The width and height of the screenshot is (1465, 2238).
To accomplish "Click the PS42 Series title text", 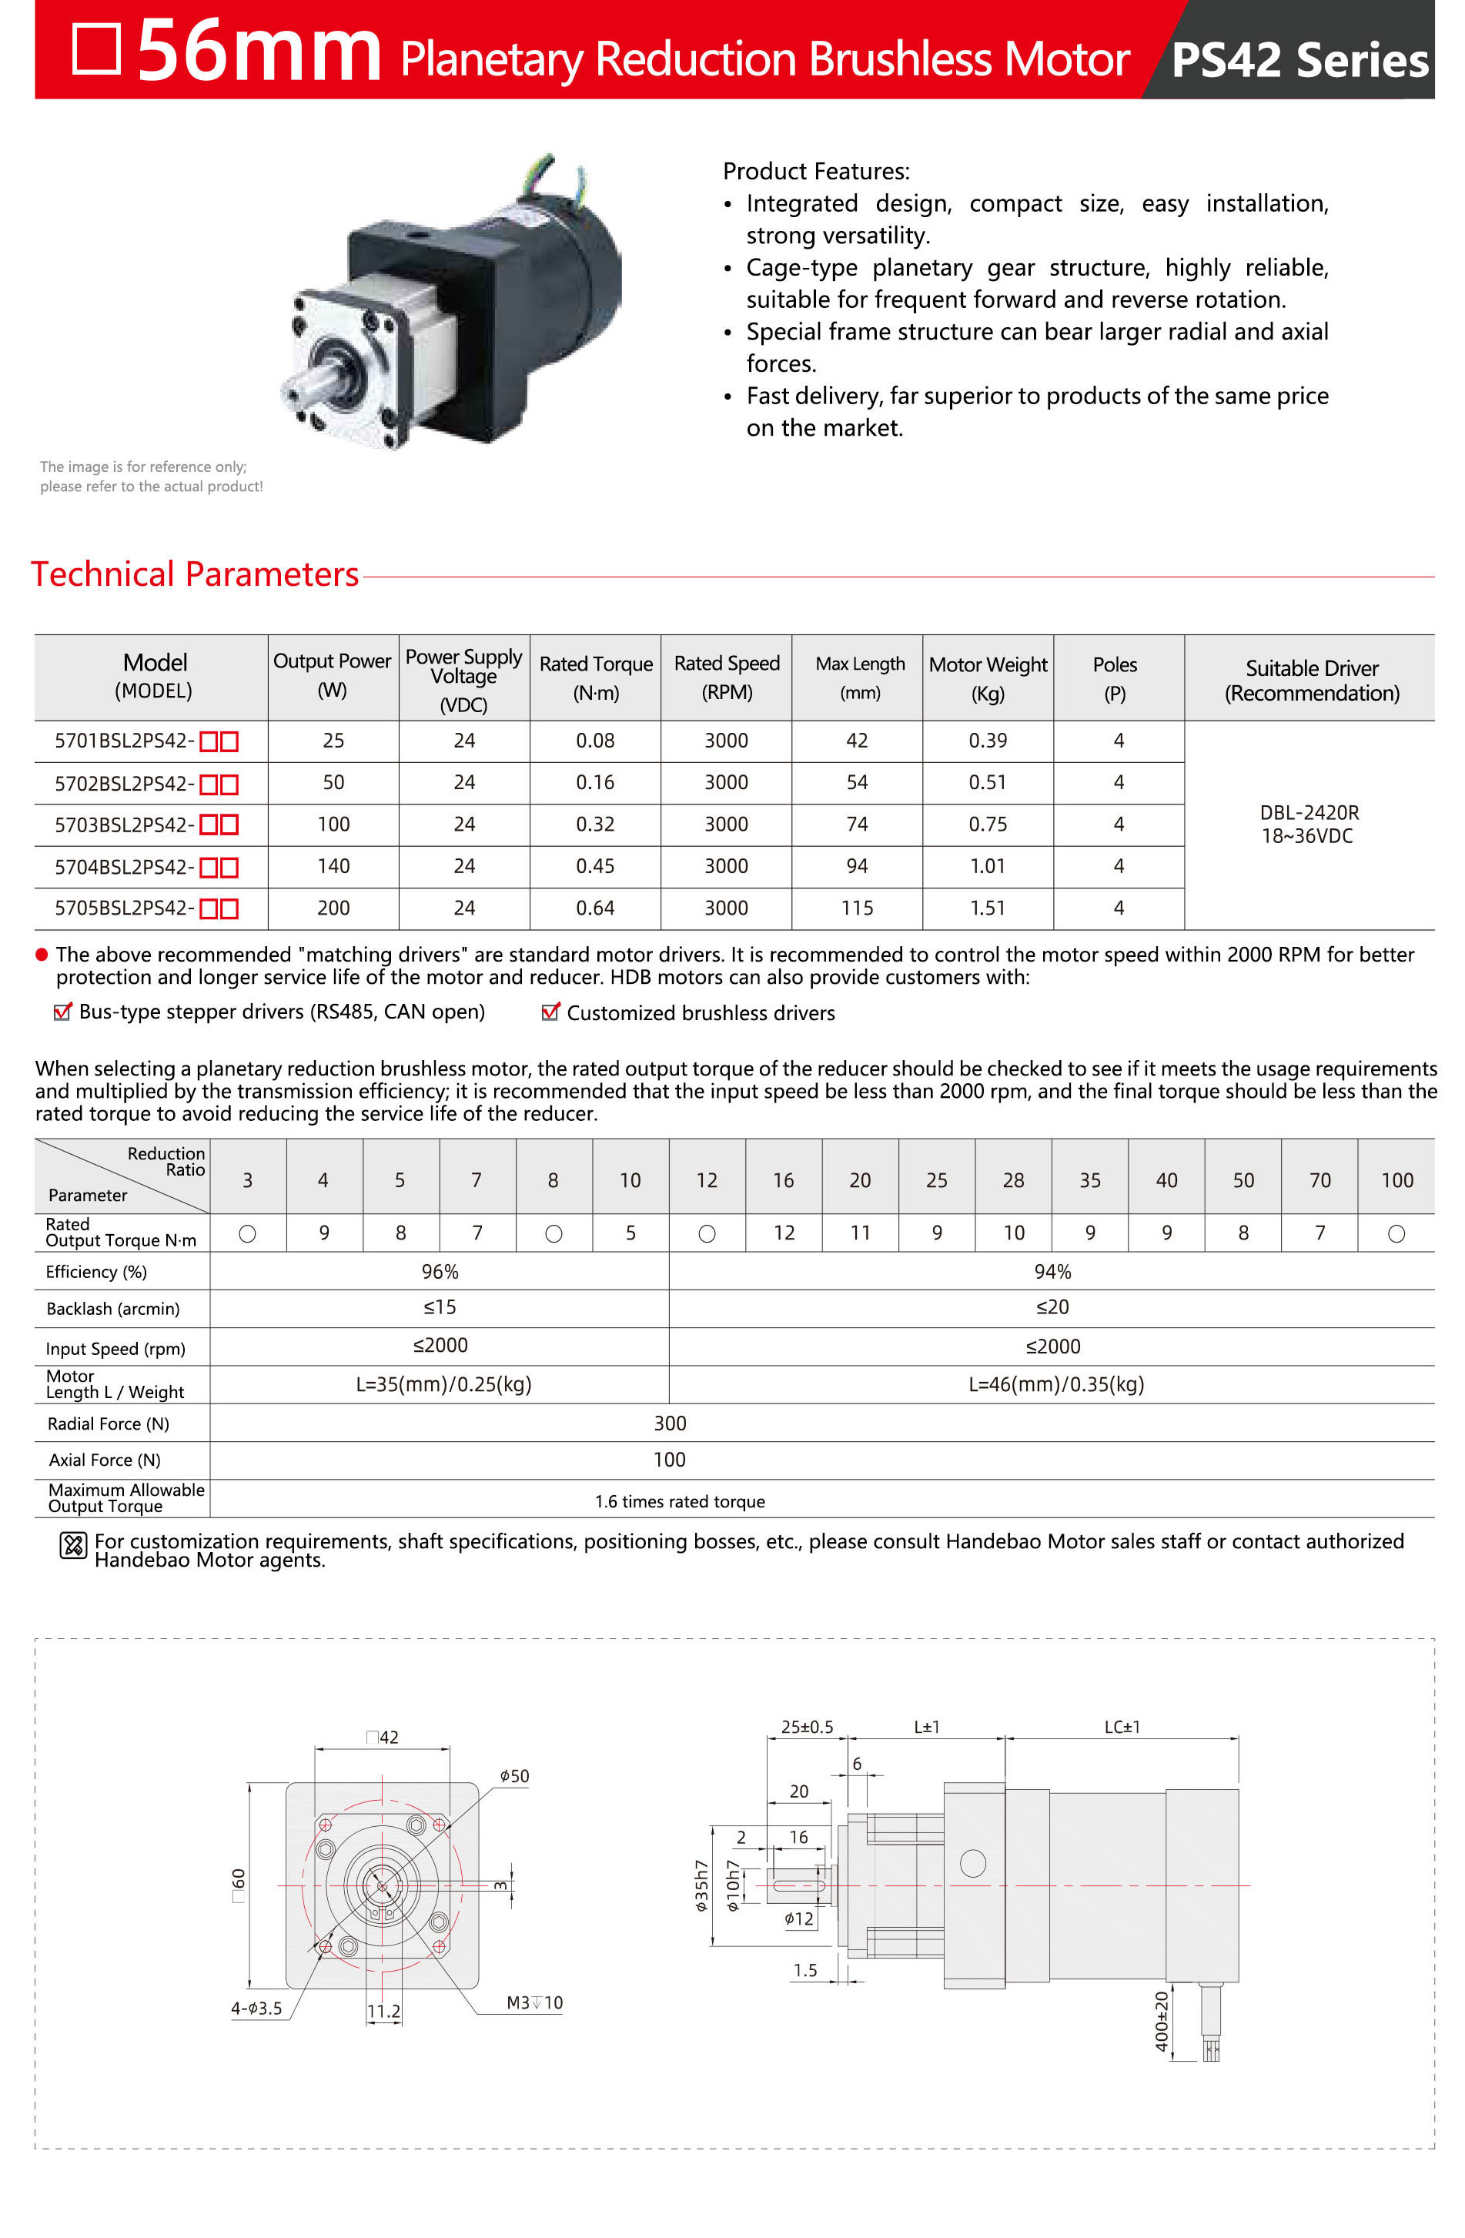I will [x=1299, y=60].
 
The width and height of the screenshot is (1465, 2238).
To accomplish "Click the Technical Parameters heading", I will [x=195, y=574].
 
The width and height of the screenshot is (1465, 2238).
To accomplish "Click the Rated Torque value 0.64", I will [x=595, y=908].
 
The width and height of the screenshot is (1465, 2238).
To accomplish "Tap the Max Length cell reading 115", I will [x=857, y=908].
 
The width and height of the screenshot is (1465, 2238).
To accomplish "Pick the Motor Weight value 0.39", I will [x=988, y=741].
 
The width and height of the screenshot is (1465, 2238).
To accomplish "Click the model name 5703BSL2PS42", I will [x=123, y=825].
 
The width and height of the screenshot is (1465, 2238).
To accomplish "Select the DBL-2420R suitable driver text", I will [x=1309, y=812].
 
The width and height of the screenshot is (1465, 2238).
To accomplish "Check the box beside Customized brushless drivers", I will [x=550, y=1012].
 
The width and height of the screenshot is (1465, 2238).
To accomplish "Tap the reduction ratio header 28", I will [x=1012, y=1180].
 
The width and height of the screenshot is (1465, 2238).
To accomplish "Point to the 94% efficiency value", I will [x=1052, y=1271].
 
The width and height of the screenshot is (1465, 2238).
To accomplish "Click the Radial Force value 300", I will [x=670, y=1423].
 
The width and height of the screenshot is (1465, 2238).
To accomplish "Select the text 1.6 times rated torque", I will [x=679, y=1502].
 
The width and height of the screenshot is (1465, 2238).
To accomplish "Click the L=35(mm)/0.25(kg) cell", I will [x=443, y=1384].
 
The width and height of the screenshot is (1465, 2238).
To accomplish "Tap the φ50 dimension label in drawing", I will [x=514, y=1776].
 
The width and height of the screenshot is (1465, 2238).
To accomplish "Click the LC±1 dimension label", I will [x=1122, y=1728].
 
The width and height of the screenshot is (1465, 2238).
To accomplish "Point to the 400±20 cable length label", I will [x=1161, y=2021].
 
